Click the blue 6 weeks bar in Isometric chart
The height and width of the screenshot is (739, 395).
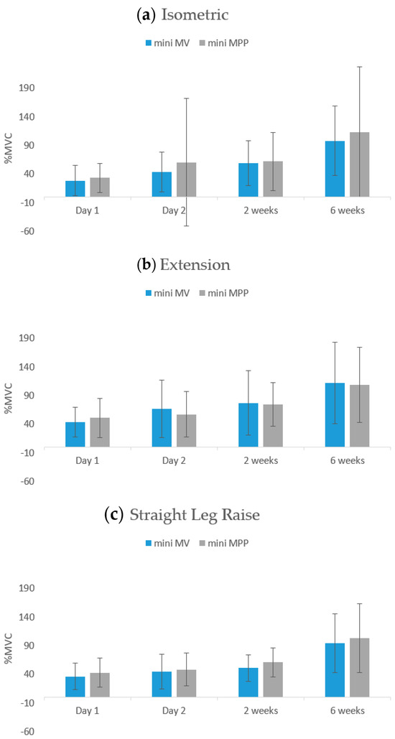point(335,169)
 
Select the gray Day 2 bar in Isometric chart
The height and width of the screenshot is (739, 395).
point(186,180)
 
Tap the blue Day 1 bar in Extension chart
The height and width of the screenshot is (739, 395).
point(75,434)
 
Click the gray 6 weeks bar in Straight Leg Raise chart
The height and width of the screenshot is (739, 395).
point(359,667)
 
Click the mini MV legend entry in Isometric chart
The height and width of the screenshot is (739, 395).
point(168,42)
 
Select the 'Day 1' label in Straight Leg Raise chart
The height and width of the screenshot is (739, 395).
point(87,710)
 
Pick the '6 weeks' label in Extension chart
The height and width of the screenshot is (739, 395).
point(348,460)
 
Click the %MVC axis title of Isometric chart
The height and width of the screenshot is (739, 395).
point(9,149)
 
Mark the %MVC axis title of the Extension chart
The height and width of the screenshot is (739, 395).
point(9,399)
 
